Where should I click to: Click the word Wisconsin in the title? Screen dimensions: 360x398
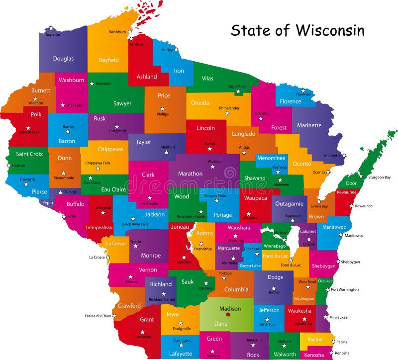pyautogui.click(x=330, y=30)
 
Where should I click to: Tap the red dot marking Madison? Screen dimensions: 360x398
pyautogui.click(x=228, y=314)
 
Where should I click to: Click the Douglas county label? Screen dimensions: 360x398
pyautogui.click(x=63, y=59)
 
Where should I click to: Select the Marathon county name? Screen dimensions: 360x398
pyautogui.click(x=191, y=174)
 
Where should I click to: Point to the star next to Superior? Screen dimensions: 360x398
pyautogui.click(x=51, y=28)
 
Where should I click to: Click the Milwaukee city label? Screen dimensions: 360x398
pyautogui.click(x=338, y=317)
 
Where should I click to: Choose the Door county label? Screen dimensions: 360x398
pyautogui.click(x=351, y=183)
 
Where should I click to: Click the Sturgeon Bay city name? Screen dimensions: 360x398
pyautogui.click(x=379, y=177)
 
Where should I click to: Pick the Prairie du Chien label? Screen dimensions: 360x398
pyautogui.click(x=97, y=316)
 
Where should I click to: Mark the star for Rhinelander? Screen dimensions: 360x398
pyautogui.click(x=227, y=113)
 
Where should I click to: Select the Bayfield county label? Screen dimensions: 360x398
pyautogui.click(x=109, y=60)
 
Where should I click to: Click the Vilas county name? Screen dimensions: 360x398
pyautogui.click(x=207, y=78)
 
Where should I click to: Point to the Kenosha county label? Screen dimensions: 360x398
pyautogui.click(x=314, y=355)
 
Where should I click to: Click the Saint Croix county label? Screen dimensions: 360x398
pyautogui.click(x=29, y=154)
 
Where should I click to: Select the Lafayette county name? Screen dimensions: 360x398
pyautogui.click(x=180, y=354)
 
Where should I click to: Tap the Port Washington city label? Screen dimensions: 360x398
pyautogui.click(x=345, y=289)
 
